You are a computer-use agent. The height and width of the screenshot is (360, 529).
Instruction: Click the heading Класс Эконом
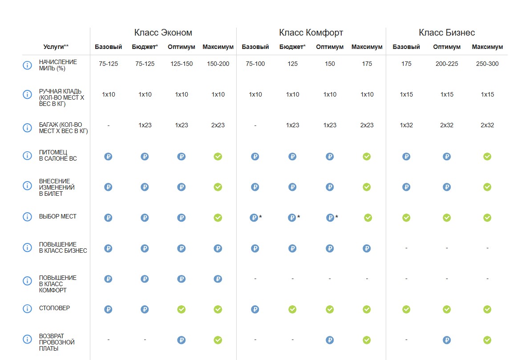click(163, 32)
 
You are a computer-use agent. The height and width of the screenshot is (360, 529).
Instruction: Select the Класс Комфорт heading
click(311, 32)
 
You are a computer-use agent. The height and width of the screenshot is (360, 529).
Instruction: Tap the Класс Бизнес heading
click(447, 32)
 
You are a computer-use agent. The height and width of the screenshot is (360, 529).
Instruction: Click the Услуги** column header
click(56, 47)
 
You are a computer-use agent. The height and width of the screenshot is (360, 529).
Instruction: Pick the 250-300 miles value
click(487, 64)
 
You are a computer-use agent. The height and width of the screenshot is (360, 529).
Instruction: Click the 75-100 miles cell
click(255, 64)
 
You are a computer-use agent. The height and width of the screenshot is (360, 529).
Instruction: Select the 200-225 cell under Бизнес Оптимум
click(447, 64)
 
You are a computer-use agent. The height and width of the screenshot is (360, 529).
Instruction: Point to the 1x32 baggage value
click(406, 125)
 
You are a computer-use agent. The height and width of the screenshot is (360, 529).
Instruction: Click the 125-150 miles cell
click(182, 64)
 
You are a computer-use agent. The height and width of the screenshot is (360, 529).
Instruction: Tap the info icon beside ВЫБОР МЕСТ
click(27, 217)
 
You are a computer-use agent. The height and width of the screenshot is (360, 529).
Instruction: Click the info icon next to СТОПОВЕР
click(27, 308)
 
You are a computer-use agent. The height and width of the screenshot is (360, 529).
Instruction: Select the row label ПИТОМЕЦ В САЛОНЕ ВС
click(58, 155)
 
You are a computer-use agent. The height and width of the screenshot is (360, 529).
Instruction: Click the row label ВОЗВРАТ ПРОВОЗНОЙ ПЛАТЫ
click(57, 342)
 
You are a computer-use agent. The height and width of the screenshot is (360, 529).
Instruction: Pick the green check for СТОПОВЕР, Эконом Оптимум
click(182, 309)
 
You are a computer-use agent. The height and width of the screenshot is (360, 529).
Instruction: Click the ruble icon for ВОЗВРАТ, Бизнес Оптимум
click(447, 340)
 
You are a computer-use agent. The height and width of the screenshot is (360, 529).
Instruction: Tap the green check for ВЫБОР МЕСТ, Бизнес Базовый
click(406, 218)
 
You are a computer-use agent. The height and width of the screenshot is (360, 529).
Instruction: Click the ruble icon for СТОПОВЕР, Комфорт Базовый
click(255, 309)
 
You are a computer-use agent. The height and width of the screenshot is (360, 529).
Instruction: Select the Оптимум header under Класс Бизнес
click(447, 47)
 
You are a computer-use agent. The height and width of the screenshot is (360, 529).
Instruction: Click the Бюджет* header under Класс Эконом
click(145, 47)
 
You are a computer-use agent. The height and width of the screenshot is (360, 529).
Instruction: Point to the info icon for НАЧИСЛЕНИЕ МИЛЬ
click(27, 65)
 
